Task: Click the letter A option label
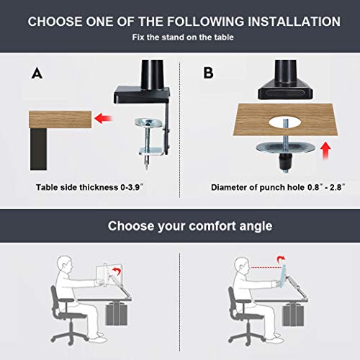pos(37,73)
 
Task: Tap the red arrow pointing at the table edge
pos(107,117)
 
